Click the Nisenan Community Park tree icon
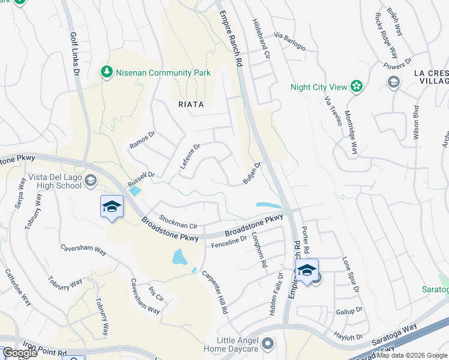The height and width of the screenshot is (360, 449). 107,73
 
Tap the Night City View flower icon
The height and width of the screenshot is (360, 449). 357,87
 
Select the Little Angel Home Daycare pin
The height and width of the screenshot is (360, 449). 268,344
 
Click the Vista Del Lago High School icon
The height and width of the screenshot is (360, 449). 90,180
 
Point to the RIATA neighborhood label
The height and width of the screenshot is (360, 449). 191,104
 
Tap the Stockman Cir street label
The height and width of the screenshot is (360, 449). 178,221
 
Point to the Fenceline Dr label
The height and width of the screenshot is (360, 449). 229,240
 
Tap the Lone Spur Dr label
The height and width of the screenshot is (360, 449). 350,275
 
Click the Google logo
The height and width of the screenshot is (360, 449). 20,353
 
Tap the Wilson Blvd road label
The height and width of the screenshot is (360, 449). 415,124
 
